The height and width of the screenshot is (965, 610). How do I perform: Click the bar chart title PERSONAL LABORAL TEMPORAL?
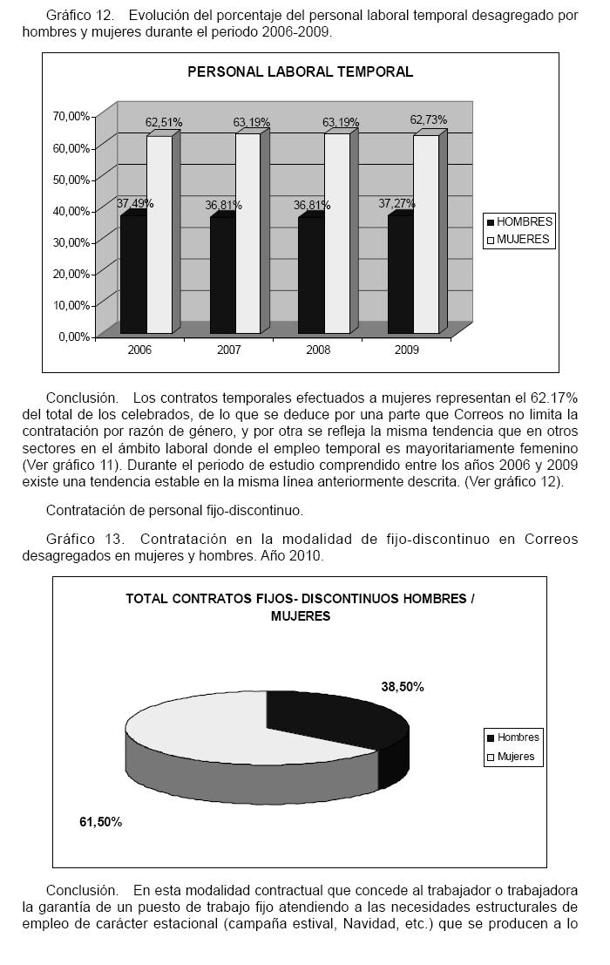(x=300, y=72)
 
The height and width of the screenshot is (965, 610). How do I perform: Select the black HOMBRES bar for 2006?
(x=133, y=275)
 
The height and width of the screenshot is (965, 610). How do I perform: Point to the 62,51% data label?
(x=164, y=123)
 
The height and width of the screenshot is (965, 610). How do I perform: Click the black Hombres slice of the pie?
(x=331, y=715)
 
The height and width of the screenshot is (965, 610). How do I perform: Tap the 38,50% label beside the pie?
(x=403, y=687)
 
